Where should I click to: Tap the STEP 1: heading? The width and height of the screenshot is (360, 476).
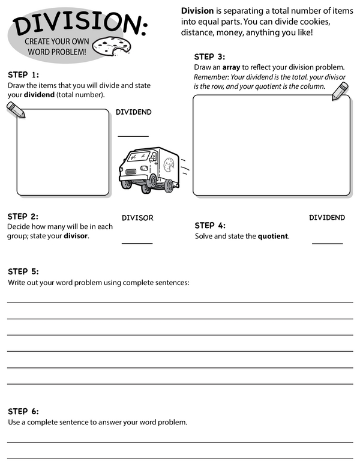coord(23,75)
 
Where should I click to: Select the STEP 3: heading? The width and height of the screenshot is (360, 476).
coord(209,56)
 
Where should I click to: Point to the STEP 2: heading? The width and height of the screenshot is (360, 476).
coord(23,216)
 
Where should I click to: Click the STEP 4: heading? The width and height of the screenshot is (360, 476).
coord(210,226)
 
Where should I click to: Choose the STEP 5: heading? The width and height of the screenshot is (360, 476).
coord(23,271)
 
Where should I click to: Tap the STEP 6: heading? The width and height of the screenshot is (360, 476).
coord(23,411)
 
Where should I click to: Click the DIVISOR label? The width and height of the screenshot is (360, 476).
coord(137,218)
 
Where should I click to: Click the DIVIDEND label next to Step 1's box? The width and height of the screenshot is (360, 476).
coord(133,112)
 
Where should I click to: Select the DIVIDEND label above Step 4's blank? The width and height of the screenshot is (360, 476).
coord(327,217)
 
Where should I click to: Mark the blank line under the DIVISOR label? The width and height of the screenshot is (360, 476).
coord(137,243)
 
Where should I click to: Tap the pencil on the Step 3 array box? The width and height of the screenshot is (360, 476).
coord(340,91)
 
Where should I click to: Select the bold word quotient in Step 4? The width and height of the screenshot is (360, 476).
coord(273,236)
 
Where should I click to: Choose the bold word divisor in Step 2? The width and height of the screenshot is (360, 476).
coord(76,236)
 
